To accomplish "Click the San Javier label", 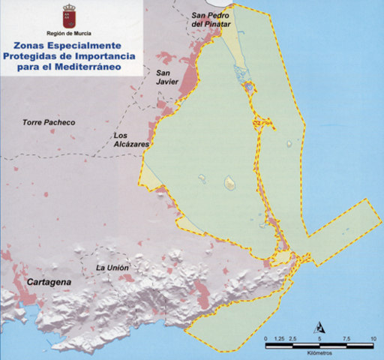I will tap(166, 79).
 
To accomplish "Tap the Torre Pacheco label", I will tap(49, 122).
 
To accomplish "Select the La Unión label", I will tap(113, 268).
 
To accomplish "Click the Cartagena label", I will tap(49, 282).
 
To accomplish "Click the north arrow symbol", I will tap(319, 326).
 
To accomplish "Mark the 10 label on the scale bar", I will tap(373, 339).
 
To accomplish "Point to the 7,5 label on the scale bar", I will tap(346, 339).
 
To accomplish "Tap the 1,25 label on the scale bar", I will tap(280, 339).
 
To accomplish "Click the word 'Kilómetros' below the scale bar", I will tap(320, 352).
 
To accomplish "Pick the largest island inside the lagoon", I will tap(230, 181).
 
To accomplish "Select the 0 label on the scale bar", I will tap(267, 339).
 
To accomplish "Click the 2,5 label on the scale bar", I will tap(294, 339).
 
